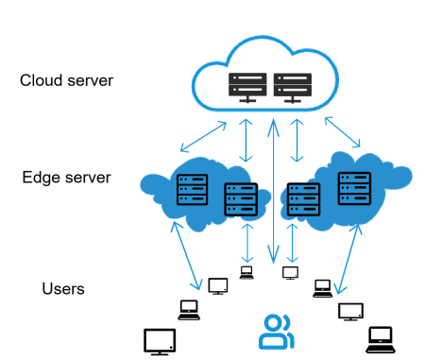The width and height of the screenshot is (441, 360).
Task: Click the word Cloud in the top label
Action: tap(42, 80)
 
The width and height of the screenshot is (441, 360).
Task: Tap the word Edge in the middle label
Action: tap(41, 178)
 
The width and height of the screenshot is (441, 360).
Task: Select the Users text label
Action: tap(63, 288)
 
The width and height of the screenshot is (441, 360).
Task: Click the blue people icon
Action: tap(277, 332)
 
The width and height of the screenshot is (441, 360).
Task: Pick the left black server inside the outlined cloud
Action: tap(247, 88)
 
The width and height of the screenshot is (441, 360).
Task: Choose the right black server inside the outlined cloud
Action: tap(293, 88)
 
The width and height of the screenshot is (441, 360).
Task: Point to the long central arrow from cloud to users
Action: tap(274, 191)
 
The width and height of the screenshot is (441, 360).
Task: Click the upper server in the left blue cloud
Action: tap(192, 189)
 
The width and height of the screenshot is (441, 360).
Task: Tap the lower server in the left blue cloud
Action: tap(241, 199)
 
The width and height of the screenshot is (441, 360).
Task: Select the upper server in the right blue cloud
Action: tap(354, 188)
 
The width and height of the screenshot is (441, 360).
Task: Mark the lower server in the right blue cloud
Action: tap(304, 199)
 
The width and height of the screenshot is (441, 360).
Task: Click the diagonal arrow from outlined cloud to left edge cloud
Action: tap(203, 137)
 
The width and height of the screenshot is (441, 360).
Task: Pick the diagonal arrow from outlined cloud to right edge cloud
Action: tap(343, 132)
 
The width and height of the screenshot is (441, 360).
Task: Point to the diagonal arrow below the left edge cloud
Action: tap(186, 255)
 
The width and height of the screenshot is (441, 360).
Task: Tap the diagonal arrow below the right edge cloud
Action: tap(348, 259)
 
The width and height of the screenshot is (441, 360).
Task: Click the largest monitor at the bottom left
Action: tap(160, 342)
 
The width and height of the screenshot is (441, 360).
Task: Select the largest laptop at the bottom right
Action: tap(381, 340)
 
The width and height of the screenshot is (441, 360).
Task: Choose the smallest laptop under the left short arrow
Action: tap(246, 272)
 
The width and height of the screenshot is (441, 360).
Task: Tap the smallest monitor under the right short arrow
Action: tap(290, 273)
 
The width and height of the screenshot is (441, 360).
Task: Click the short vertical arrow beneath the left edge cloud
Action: tap(247, 243)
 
